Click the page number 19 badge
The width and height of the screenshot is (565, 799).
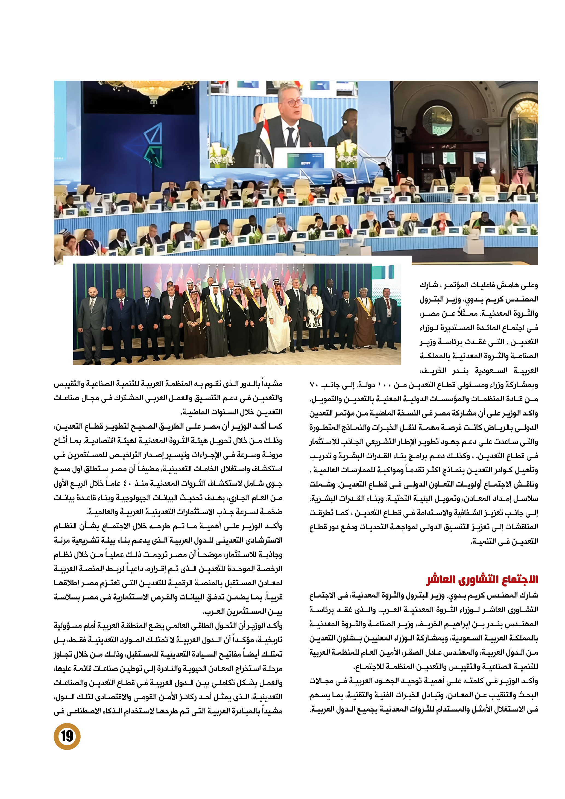coord(67,736)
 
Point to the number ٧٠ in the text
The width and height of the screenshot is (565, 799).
coord(314,385)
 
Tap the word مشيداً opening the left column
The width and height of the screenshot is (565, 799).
coord(273,384)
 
